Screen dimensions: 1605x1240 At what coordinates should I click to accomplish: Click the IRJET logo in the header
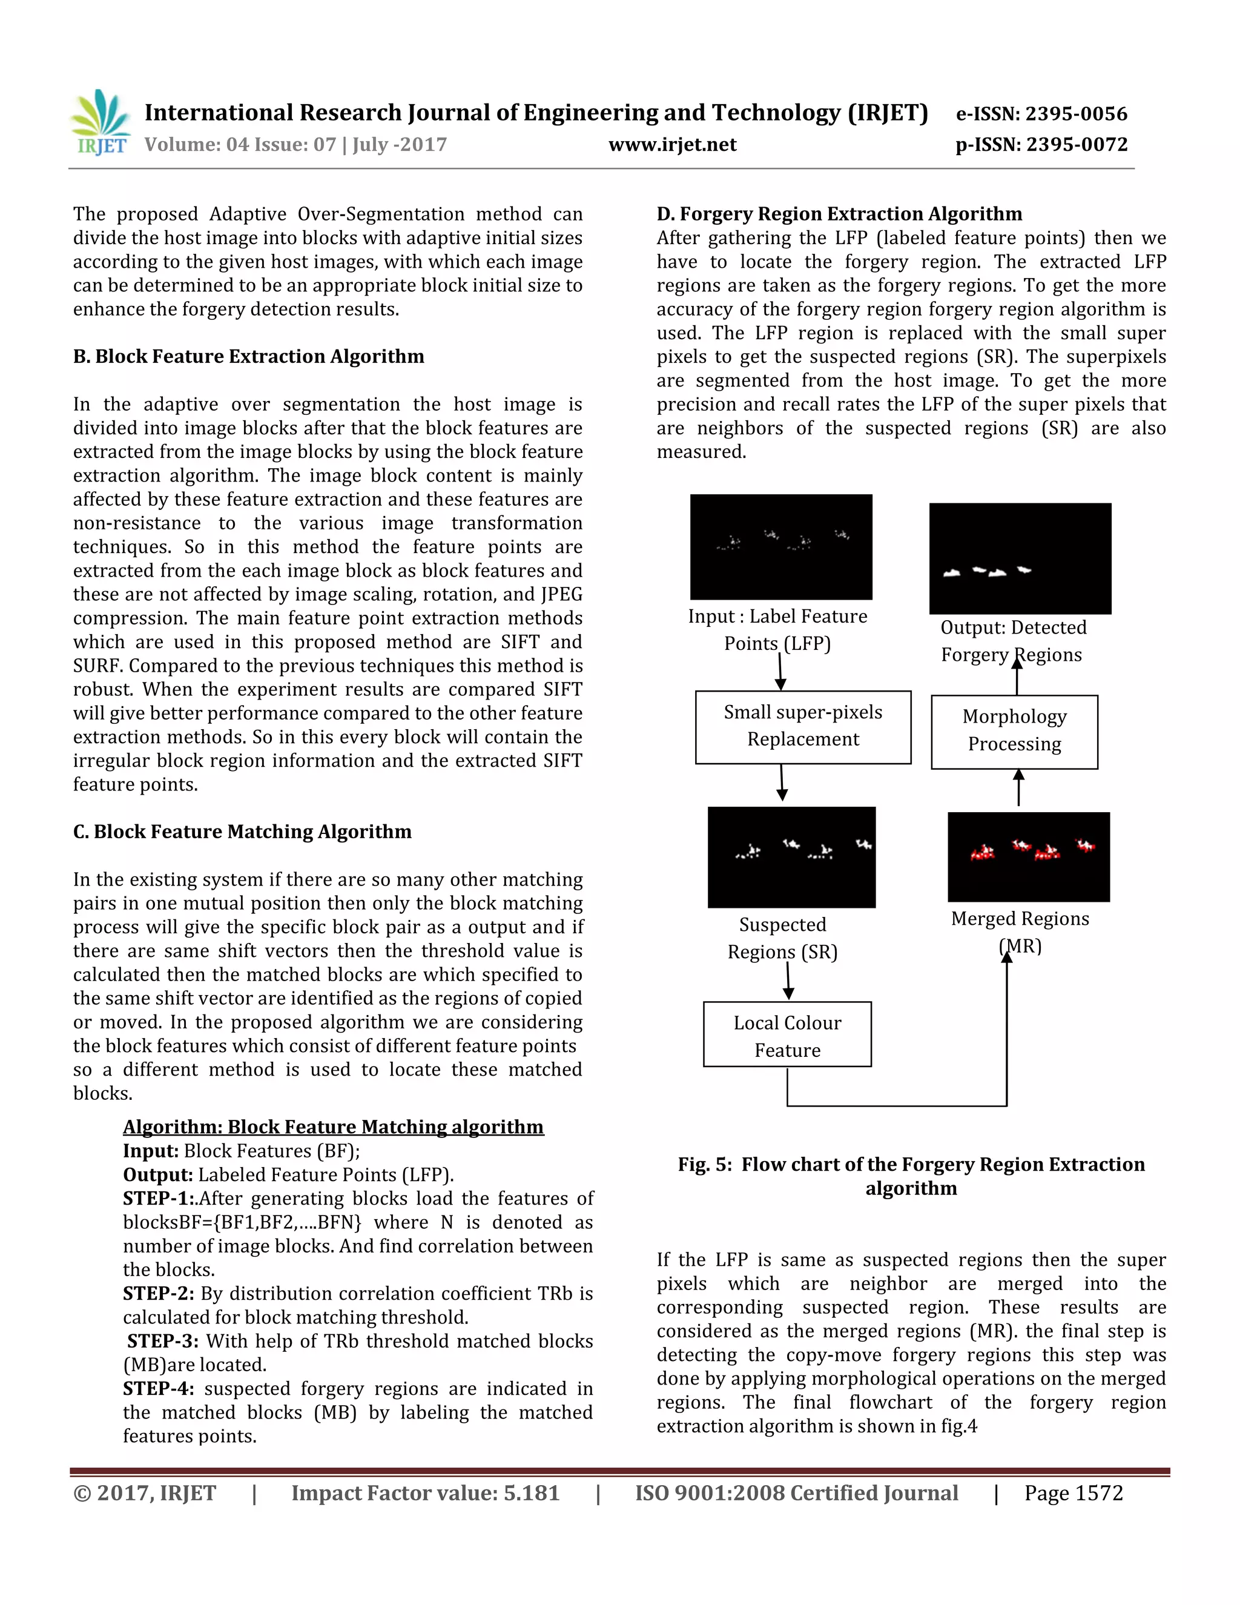101,123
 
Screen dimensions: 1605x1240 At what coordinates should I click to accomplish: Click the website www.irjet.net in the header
672,145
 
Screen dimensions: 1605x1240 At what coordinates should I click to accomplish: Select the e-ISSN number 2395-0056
1075,114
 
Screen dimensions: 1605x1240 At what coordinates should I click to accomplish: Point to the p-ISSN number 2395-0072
1076,145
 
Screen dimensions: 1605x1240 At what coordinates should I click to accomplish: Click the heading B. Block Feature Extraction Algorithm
248,356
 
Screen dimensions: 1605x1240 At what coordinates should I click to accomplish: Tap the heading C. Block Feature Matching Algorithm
242,832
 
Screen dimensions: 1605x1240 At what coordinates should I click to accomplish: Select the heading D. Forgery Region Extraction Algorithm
839,214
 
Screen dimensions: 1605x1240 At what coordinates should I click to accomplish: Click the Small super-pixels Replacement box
803,726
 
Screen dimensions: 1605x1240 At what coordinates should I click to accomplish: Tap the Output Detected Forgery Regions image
1020,558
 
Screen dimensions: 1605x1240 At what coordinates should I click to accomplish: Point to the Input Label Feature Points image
781,546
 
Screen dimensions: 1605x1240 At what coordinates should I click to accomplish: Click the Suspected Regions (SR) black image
791,857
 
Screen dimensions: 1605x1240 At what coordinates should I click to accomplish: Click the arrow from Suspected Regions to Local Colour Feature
788,982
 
